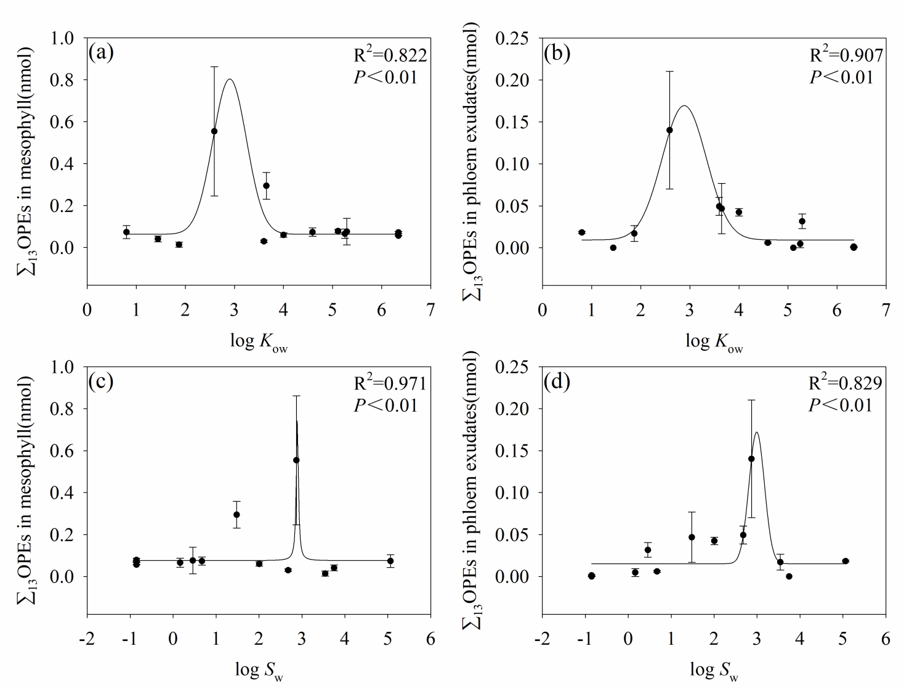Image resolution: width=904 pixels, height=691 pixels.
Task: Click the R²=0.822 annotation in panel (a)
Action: pyautogui.click(x=390, y=55)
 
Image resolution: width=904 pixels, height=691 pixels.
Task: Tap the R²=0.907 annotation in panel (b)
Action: pyautogui.click(x=845, y=55)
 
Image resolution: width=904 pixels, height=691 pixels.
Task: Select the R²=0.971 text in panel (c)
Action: pyautogui.click(x=390, y=383)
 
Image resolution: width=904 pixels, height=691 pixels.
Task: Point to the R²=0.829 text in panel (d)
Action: pyautogui.click(x=845, y=383)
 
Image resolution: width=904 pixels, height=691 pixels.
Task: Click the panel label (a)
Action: pyautogui.click(x=101, y=52)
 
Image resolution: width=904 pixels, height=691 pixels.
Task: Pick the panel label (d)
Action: pyautogui.click(x=557, y=382)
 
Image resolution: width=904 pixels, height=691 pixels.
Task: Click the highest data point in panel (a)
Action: pyautogui.click(x=214, y=131)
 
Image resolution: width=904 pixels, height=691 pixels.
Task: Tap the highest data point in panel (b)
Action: pyautogui.click(x=669, y=130)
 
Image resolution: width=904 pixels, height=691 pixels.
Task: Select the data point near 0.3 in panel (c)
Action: pyautogui.click(x=236, y=515)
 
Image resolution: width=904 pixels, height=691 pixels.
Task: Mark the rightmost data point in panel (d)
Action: pyautogui.click(x=845, y=561)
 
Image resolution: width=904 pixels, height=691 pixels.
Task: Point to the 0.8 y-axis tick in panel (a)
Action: pyautogui.click(x=62, y=80)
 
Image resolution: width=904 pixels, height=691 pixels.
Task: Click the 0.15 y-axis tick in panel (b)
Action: pyautogui.click(x=512, y=122)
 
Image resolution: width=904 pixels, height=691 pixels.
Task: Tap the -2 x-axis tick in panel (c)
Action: pyautogui.click(x=87, y=639)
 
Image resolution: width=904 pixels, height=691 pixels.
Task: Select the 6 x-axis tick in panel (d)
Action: pyautogui.click(x=886, y=639)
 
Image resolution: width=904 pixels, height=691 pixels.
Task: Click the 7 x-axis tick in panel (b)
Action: pyautogui.click(x=886, y=309)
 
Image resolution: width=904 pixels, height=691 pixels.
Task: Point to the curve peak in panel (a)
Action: pyautogui.click(x=230, y=79)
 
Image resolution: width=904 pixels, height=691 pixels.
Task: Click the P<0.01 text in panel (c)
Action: pyautogui.click(x=385, y=406)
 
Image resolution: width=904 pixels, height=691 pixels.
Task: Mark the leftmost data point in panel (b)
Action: pyautogui.click(x=582, y=232)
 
